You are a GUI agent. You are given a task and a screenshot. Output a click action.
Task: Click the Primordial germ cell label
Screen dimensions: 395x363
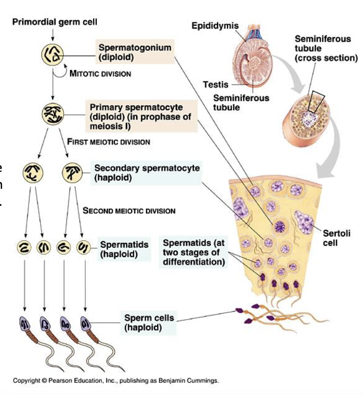tap(55, 22)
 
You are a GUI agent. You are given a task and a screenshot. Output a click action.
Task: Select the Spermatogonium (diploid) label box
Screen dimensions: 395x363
tap(134, 52)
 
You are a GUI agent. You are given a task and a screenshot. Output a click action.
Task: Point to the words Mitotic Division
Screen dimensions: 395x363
tap(100, 74)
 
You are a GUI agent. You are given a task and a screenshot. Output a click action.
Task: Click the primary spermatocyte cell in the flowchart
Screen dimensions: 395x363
tap(53, 114)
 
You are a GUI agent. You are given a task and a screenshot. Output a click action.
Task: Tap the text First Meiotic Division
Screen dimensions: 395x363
tap(108, 142)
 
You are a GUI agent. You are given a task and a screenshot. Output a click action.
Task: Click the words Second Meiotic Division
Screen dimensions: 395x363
tap(129, 211)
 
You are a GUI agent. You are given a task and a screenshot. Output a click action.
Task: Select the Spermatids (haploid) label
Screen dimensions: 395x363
tap(124, 250)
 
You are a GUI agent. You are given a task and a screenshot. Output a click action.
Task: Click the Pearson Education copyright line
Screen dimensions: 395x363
tap(115, 381)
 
